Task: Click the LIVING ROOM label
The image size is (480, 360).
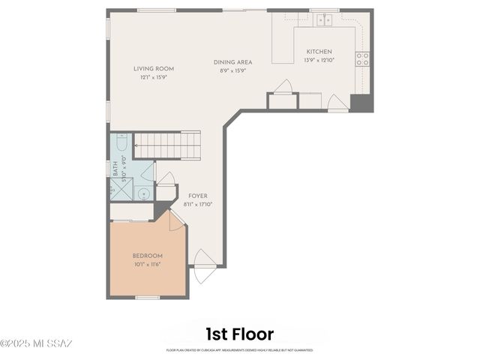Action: point(154,68)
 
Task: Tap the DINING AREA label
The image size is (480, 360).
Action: point(232,62)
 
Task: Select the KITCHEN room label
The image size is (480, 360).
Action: point(319,52)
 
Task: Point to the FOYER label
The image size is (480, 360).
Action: point(198,196)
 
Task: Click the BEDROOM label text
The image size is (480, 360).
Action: point(147,256)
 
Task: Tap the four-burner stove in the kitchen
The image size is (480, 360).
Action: point(362,58)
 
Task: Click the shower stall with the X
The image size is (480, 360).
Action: point(121,190)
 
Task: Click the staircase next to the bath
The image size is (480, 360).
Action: point(167,144)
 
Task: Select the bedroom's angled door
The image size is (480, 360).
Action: point(177,220)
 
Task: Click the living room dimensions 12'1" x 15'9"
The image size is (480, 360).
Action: point(154,76)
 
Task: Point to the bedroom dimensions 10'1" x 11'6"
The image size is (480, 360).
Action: point(147,264)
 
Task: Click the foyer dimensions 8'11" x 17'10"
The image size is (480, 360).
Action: point(198,204)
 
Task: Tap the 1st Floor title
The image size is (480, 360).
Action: point(239,334)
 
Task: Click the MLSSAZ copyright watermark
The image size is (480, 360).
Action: point(36,344)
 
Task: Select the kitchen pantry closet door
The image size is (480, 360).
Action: point(283,88)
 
